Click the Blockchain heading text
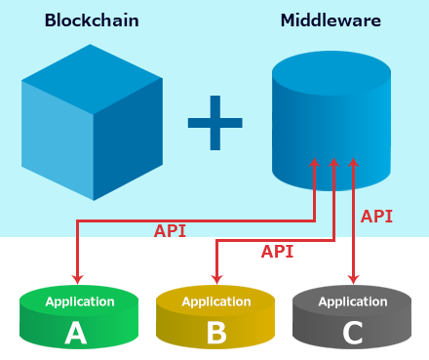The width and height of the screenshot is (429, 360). tap(91, 20)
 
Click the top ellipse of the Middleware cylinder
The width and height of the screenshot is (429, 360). tap(330, 69)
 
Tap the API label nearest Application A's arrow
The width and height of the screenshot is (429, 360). tap(171, 231)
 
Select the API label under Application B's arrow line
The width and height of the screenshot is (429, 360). tap(277, 251)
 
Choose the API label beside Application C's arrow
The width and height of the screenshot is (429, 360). tap(376, 216)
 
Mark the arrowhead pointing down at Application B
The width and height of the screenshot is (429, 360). tap(217, 280)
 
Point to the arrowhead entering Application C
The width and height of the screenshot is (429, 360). tap(353, 280)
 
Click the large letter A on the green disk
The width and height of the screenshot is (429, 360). tap(76, 335)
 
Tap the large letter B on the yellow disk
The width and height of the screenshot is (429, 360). tap(216, 335)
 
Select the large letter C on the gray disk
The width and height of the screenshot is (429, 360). tap(353, 335)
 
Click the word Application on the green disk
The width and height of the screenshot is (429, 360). tap(79, 301)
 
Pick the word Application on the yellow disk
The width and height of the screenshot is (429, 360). tap(216, 301)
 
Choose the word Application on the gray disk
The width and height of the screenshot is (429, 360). tap(353, 301)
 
